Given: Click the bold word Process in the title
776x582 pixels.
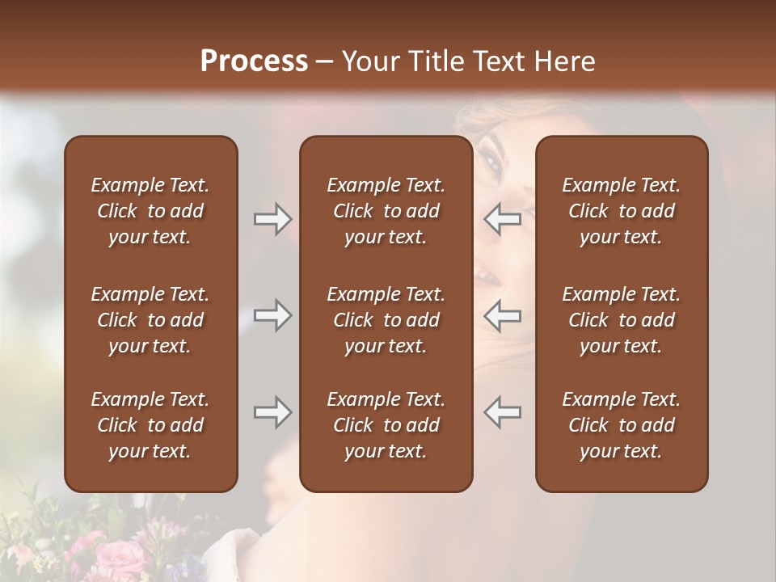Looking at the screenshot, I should (254, 61).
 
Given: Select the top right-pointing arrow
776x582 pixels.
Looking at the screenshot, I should (272, 219).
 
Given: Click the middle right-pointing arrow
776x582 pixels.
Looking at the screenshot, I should (272, 315).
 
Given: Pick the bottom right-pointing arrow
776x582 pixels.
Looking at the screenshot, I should (272, 412).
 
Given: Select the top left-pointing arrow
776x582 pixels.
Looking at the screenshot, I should (503, 219).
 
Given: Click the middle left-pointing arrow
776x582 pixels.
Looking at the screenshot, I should (503, 315).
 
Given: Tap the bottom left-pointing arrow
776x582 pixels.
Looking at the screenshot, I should (503, 412).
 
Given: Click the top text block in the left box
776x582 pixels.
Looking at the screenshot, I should (150, 211).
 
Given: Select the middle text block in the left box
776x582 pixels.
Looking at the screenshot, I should (150, 320).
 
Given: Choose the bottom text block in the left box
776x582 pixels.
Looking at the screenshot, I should (150, 425).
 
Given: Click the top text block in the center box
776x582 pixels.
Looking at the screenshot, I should (386, 211).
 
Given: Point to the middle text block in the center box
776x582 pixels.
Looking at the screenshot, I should (386, 320).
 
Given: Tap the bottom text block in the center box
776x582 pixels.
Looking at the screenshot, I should (386, 425).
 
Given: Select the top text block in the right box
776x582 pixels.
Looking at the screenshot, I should (621, 211).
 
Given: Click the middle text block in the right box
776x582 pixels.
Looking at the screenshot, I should (621, 320).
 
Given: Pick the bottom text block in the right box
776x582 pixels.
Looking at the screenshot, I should (621, 425).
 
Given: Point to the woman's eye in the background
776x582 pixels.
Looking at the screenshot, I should (492, 163).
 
